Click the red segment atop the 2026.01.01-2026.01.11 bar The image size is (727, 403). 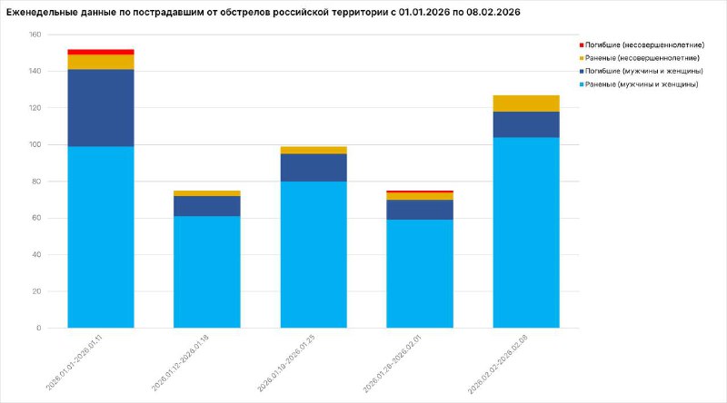click(101, 52)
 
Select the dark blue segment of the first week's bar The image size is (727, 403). click(101, 107)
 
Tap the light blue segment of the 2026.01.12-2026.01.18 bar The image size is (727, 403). click(207, 271)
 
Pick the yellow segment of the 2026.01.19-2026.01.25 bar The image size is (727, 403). click(314, 150)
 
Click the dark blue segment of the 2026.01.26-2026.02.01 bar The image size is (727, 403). click(420, 210)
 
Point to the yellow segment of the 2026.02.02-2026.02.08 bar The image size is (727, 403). click(526, 103)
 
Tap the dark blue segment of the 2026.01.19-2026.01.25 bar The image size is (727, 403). click(314, 167)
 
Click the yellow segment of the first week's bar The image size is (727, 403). click(101, 62)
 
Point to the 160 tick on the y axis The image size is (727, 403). click(35, 34)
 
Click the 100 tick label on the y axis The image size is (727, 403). click(35, 144)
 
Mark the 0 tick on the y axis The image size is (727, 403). click(38, 328)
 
